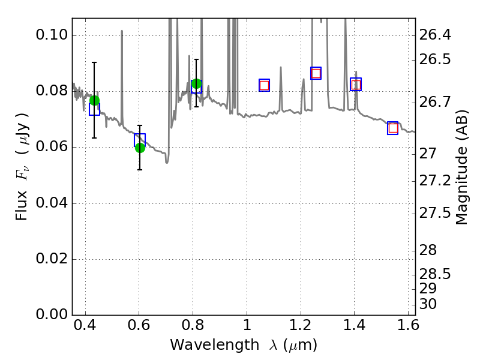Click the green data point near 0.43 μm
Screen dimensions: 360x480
pos(94,100)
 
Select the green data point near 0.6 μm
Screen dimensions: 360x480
pos(140,148)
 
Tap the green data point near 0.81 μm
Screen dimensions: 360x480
pos(196,83)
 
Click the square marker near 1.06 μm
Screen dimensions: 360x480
pos(264,85)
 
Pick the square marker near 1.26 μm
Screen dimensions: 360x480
pos(316,73)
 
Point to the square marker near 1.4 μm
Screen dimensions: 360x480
pos(356,85)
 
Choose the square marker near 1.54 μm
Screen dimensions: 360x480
pos(393,128)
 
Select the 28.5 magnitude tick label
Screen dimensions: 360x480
pos(435,274)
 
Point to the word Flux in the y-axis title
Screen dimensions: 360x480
pos(22,206)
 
